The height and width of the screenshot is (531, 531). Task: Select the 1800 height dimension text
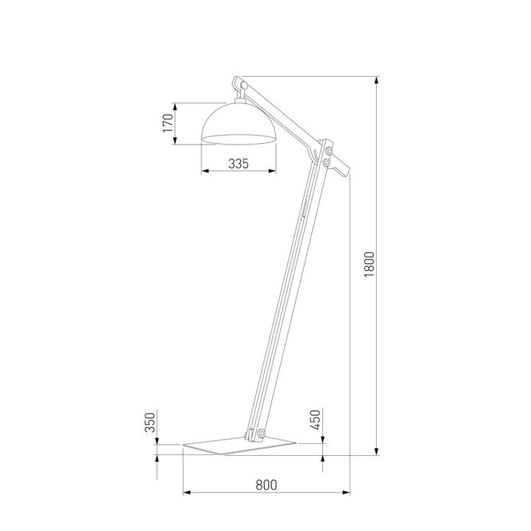click(370, 265)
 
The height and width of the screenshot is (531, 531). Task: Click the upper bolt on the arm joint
click(327, 151)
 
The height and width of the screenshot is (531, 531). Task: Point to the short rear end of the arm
click(341, 167)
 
